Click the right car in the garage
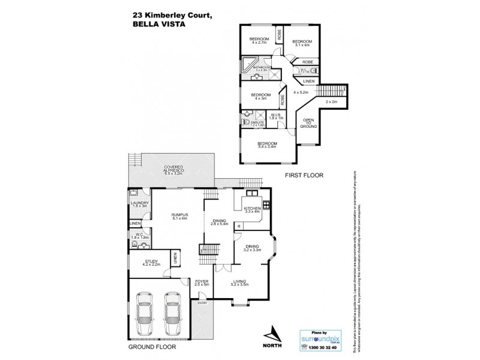(x=171, y=312)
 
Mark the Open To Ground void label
(x=308, y=122)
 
